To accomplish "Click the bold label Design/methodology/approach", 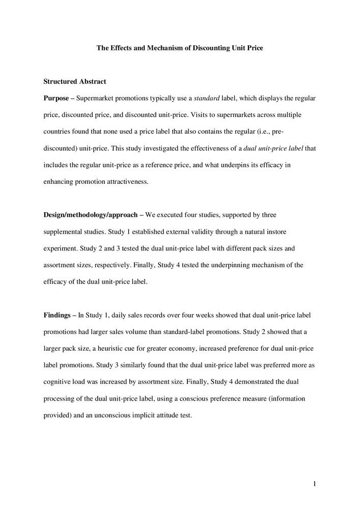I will coord(90,215).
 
